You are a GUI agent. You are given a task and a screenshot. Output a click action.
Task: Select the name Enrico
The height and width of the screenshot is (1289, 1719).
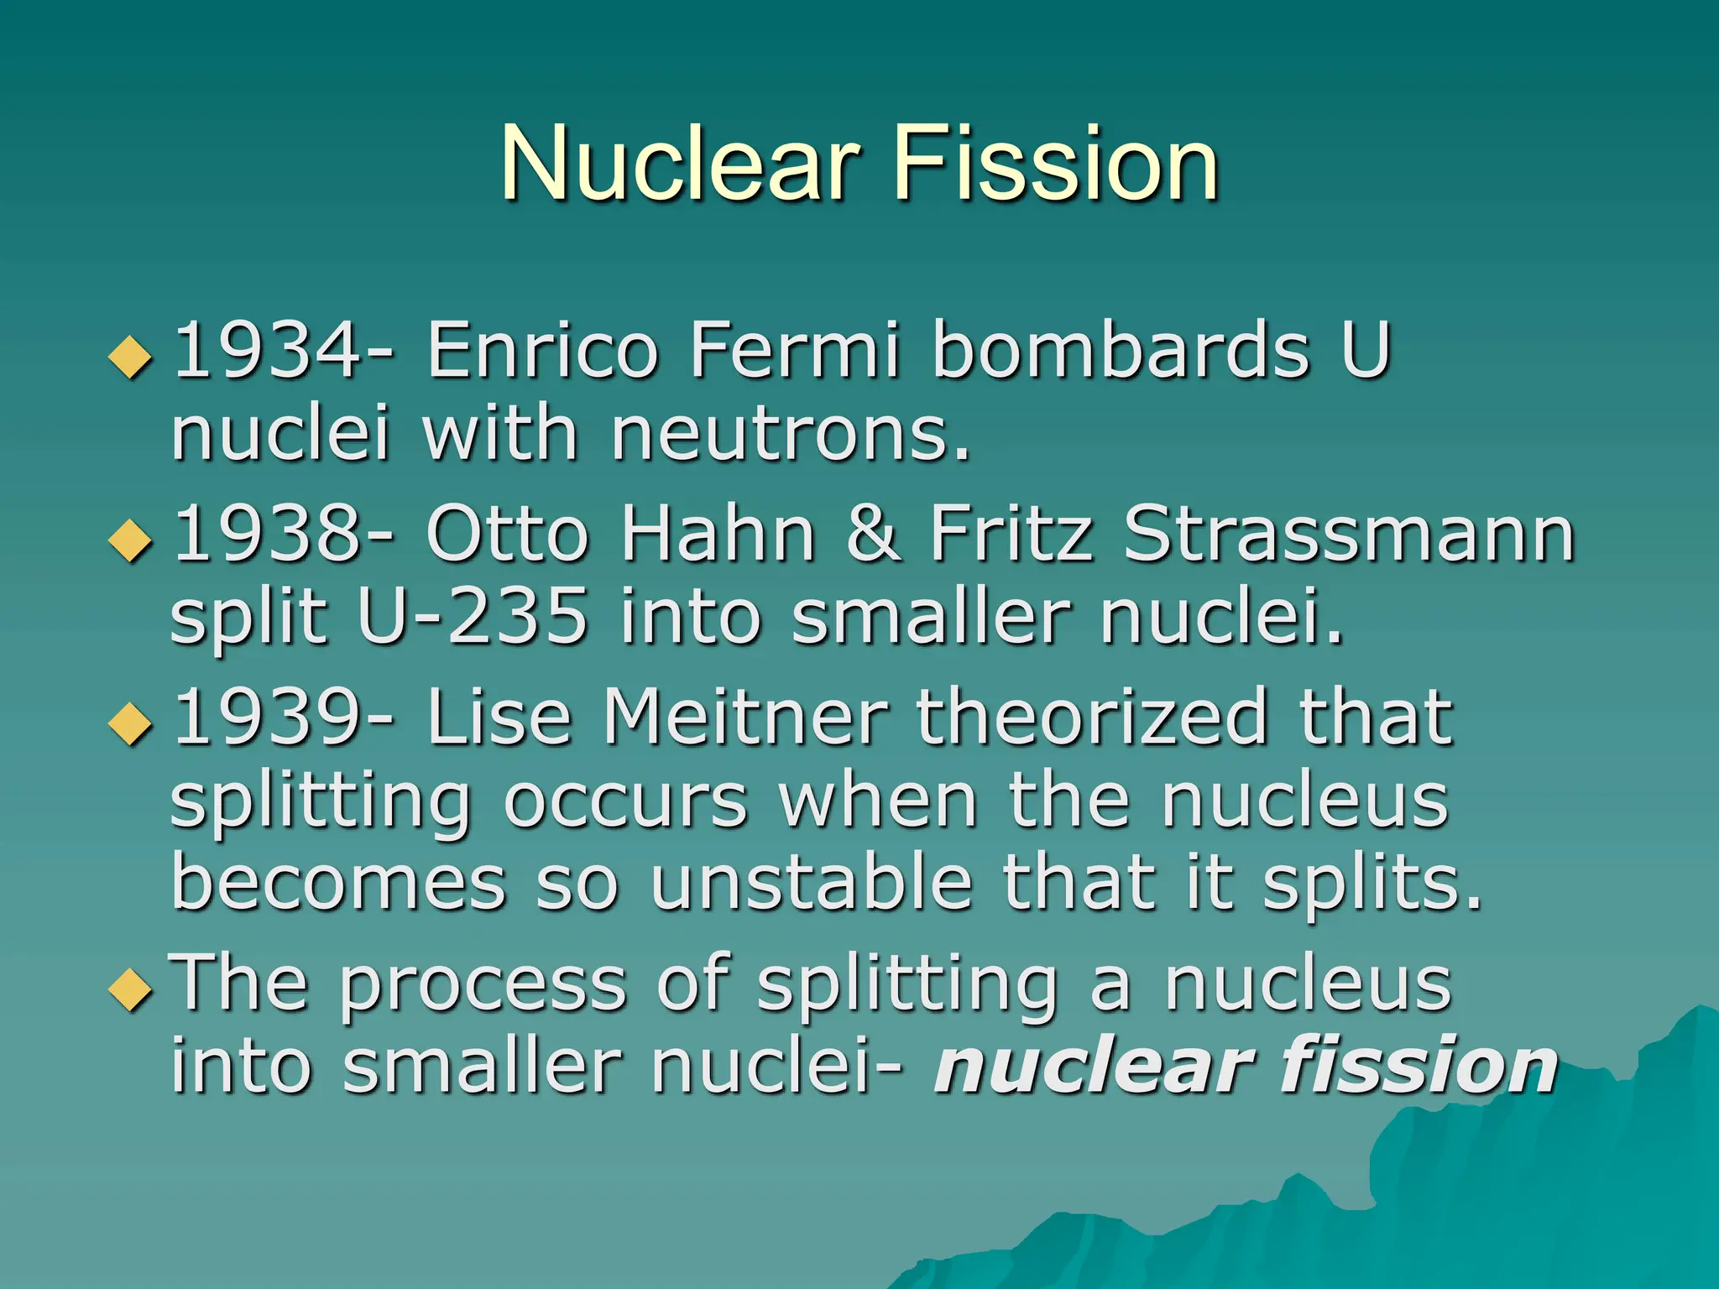pyautogui.click(x=542, y=350)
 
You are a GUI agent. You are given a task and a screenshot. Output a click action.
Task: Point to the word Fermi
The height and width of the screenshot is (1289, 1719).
pyautogui.click(x=794, y=350)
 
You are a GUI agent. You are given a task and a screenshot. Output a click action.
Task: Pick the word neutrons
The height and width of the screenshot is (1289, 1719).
pyautogui.click(x=789, y=434)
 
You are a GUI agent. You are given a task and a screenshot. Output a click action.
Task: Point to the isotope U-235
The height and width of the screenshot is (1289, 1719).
pyautogui.click(x=473, y=617)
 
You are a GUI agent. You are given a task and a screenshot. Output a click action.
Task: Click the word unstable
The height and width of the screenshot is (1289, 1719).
pyautogui.click(x=811, y=884)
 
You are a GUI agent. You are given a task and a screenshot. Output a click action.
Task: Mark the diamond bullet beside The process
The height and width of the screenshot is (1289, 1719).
pyautogui.click(x=131, y=989)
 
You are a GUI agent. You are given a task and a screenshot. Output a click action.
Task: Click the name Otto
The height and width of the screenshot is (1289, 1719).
pyautogui.click(x=508, y=535)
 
